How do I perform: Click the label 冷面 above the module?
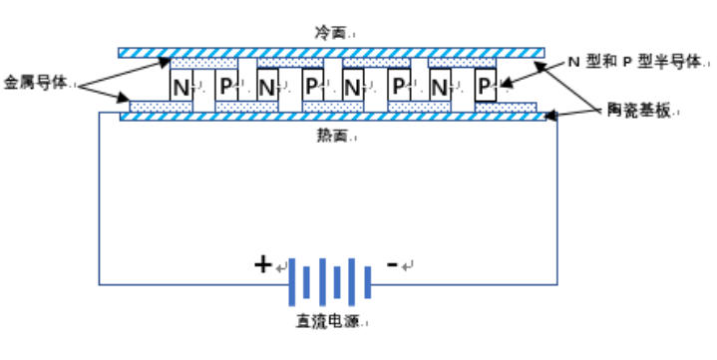[332, 33]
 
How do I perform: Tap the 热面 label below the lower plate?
[332, 136]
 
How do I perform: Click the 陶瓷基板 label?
[638, 111]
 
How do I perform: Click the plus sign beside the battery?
[262, 265]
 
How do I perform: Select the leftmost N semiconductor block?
[181, 87]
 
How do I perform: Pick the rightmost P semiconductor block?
[485, 87]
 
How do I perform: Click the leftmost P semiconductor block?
[226, 87]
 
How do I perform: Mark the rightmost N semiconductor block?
[440, 87]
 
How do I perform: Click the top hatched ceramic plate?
[330, 52]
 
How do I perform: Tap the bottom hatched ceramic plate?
[330, 117]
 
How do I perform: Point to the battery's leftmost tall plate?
[291, 283]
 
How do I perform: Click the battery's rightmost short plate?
[368, 283]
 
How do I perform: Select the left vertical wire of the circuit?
[99, 199]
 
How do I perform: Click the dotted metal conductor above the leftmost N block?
[189, 63]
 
